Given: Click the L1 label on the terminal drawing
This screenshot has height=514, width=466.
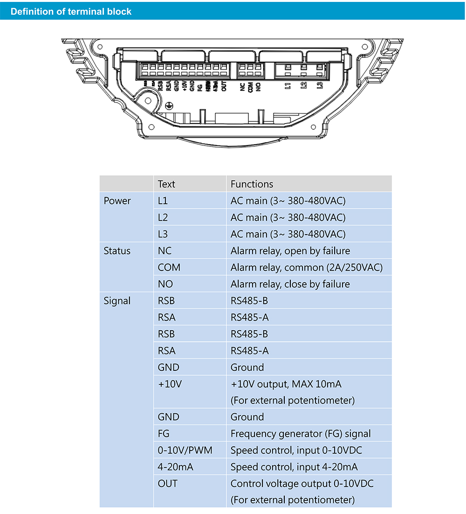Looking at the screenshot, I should click(x=288, y=86).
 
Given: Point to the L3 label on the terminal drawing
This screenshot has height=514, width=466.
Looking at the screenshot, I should click(x=319, y=86).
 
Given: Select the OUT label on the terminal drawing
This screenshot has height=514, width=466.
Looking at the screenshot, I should click(x=224, y=87).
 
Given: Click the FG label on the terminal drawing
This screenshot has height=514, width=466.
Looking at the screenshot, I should click(x=199, y=86).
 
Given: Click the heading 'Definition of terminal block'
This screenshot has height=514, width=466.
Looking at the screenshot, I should click(x=71, y=12).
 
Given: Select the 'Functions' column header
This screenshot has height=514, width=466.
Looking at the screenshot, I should click(x=252, y=184).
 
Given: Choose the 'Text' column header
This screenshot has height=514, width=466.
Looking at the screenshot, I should click(x=166, y=184).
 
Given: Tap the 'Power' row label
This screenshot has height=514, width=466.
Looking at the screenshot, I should click(x=117, y=201).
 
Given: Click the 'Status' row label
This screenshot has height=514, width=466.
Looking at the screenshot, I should click(x=117, y=251).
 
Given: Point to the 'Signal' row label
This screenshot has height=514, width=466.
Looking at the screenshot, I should click(x=117, y=301).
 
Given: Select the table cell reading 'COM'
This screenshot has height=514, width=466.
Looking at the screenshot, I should click(x=169, y=268).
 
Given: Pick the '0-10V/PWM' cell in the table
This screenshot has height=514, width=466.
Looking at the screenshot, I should click(x=185, y=451).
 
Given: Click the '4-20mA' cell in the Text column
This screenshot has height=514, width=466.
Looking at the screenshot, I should click(x=175, y=467).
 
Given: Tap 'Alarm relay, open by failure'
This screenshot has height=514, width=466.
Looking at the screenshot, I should click(x=290, y=251).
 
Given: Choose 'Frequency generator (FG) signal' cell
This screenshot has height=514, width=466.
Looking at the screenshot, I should click(x=301, y=434).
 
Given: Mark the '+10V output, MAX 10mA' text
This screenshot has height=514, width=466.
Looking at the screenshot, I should click(x=286, y=384).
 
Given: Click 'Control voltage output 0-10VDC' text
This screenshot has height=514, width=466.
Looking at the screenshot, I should click(x=302, y=484).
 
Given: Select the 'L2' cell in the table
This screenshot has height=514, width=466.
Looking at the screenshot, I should click(x=163, y=217).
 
